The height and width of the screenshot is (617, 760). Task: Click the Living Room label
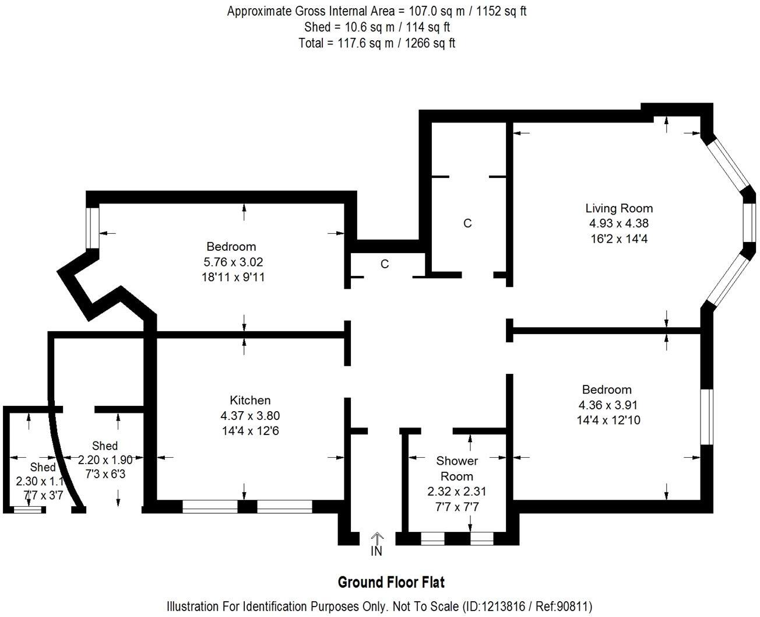619,208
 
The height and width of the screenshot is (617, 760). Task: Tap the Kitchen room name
250,400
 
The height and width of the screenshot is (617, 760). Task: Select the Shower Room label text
457,468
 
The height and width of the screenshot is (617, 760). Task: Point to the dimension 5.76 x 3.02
233,262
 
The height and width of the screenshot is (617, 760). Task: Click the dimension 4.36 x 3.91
608,405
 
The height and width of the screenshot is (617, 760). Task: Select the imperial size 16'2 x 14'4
619,239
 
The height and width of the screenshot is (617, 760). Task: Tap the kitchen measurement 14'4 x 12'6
250,430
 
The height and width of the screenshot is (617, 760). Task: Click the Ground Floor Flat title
391,583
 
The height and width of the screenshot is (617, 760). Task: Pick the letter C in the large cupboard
467,223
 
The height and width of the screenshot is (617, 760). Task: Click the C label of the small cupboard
384,264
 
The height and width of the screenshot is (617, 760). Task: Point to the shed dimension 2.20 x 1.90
105,460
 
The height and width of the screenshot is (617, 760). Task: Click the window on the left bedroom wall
93,228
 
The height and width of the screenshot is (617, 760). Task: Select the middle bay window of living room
750,222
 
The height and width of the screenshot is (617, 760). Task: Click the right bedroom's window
707,417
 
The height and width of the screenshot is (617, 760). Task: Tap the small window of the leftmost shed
28,510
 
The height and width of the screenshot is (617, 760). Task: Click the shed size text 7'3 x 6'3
105,474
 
